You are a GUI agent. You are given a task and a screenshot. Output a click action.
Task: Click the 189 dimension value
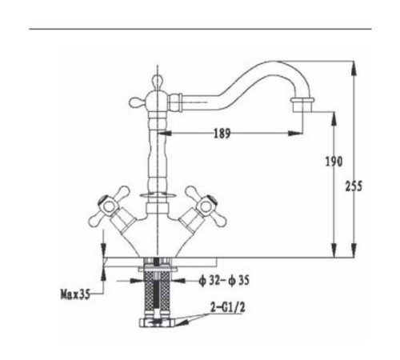pyautogui.click(x=222, y=133)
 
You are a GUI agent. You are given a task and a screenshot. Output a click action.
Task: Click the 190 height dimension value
pyautogui.click(x=334, y=162)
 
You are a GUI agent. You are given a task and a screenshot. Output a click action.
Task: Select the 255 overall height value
pyautogui.click(x=354, y=186)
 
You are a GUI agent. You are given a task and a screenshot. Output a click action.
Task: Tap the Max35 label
pyautogui.click(x=75, y=294)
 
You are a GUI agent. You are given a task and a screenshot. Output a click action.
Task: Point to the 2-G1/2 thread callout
pyautogui.click(x=227, y=308)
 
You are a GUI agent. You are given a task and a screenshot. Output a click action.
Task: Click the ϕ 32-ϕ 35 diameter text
pyautogui.click(x=224, y=280)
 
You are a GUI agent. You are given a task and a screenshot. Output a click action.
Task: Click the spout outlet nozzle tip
pyautogui.click(x=302, y=105)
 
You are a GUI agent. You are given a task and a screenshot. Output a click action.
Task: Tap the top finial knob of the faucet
pyautogui.click(x=158, y=82)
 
